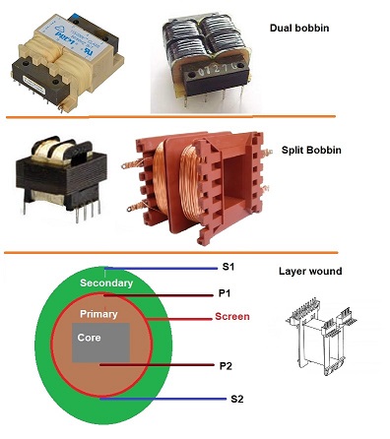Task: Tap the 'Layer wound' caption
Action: (x=315, y=270)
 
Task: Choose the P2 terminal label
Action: (x=227, y=366)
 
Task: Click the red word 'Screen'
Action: (x=232, y=318)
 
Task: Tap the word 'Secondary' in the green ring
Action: (x=106, y=283)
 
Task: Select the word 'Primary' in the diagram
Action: (x=99, y=315)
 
